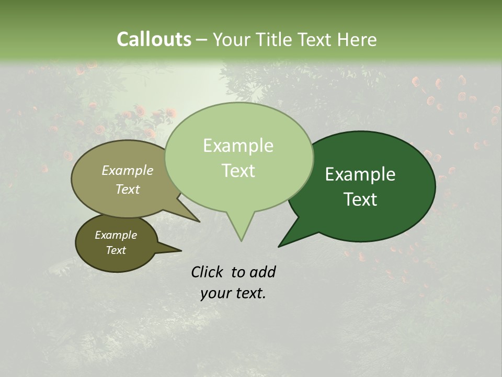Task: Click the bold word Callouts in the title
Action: point(154,39)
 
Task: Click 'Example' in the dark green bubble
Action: point(360,174)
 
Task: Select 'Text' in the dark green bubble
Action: point(360,199)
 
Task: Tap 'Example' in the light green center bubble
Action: point(238,146)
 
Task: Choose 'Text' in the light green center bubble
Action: point(238,171)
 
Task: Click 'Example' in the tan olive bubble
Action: point(128,170)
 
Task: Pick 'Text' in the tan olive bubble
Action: point(128,189)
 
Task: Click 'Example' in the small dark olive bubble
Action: point(116,235)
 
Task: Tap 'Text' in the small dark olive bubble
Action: point(116,250)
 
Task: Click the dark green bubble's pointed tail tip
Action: point(279,246)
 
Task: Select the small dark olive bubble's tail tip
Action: point(181,251)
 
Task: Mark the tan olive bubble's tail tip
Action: point(199,221)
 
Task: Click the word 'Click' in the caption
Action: point(208,272)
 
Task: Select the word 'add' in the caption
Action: point(262,272)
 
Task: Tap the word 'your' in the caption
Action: point(215,293)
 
